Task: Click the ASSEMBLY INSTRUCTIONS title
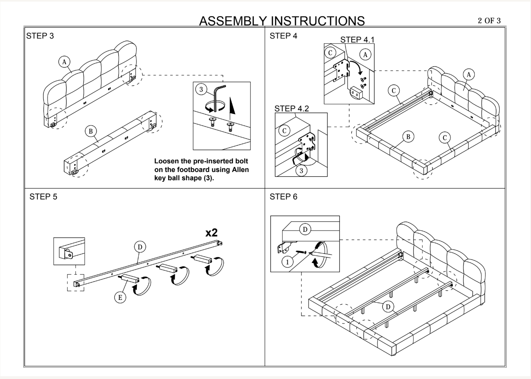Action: click(282, 21)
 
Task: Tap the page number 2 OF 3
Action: click(489, 21)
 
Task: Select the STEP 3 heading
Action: click(40, 36)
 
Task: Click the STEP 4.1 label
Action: click(357, 40)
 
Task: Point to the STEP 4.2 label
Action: click(292, 109)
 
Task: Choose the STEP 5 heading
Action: click(43, 197)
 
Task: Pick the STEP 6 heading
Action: click(283, 197)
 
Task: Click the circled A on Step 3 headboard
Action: click(64, 62)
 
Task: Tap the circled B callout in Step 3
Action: click(91, 131)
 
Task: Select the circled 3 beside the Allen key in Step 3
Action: click(201, 89)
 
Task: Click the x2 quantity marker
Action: click(211, 233)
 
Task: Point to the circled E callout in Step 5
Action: click(120, 298)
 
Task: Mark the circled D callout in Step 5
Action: click(140, 247)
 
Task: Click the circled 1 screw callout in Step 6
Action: click(287, 262)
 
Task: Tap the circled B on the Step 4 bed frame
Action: click(408, 137)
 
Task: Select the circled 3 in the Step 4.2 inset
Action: click(301, 170)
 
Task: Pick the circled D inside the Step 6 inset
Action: click(305, 229)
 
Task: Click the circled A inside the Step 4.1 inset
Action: click(366, 55)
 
